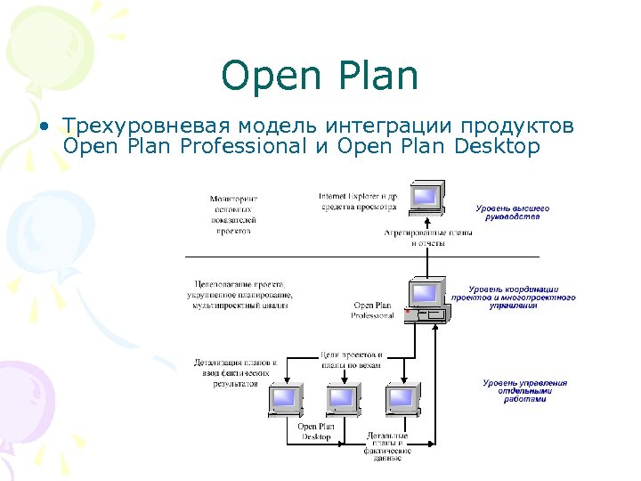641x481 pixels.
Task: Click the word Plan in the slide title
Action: coord(378,77)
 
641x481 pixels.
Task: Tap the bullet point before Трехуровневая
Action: coord(44,126)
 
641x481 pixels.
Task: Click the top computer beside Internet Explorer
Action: coord(426,198)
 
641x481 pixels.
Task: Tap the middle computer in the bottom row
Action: coord(343,400)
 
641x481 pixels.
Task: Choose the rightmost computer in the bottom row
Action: coord(402,400)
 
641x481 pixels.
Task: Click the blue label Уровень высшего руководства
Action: coord(512,212)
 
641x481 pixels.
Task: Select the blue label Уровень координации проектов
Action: coord(521,298)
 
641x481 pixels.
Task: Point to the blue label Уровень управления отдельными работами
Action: coord(524,391)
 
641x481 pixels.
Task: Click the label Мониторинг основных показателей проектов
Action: coord(233,214)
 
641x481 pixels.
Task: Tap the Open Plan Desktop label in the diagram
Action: coord(315,431)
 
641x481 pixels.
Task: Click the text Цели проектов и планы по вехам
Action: coord(352,360)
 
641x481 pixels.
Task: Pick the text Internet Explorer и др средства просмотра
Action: coord(357,200)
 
